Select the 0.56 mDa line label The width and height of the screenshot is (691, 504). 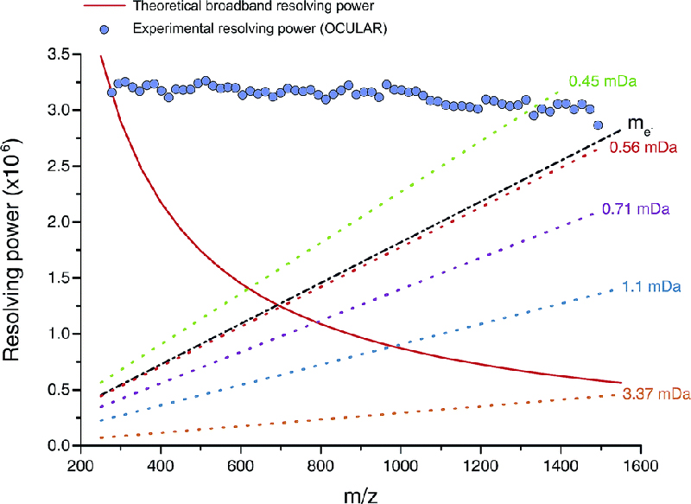click(x=643, y=148)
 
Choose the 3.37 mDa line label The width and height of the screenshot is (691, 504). click(x=656, y=395)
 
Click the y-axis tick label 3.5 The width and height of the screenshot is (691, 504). click(x=57, y=55)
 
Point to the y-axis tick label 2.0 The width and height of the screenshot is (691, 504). click(x=57, y=222)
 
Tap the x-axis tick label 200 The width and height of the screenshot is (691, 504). click(x=80, y=464)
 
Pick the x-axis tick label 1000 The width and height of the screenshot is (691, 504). click(x=400, y=464)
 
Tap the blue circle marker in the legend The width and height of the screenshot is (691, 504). click(x=105, y=29)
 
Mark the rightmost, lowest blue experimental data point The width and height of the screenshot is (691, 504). click(x=598, y=125)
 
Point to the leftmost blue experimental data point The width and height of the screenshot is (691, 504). click(x=111, y=93)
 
